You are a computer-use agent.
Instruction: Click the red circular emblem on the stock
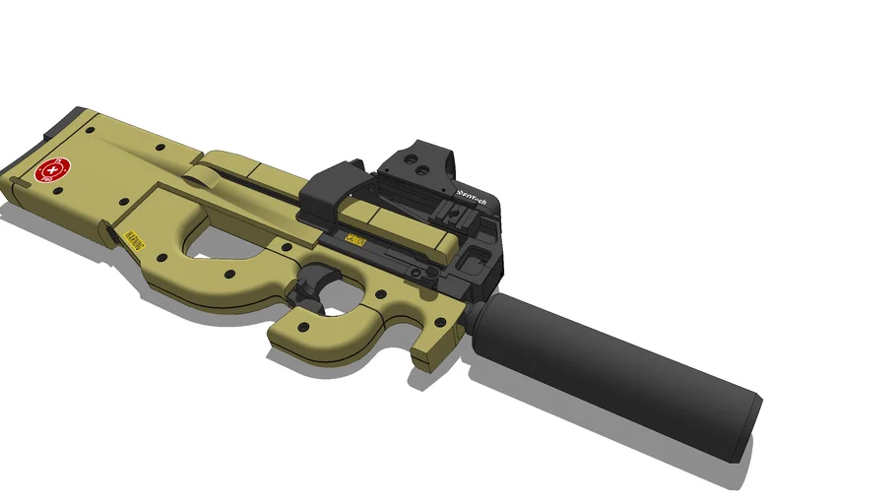point(47,172)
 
